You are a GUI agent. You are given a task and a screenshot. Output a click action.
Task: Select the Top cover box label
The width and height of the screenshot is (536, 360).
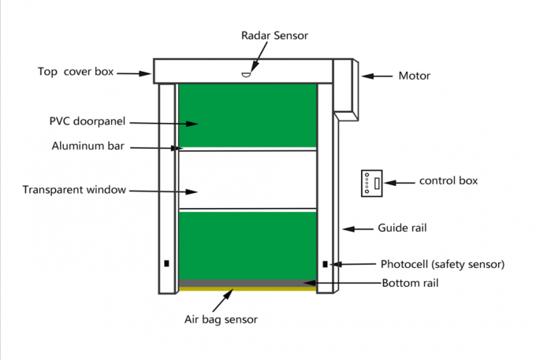click(76, 72)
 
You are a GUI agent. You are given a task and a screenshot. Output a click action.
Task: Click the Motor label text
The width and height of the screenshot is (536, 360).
click(414, 76)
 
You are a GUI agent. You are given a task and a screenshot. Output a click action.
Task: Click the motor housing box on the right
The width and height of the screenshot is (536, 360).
click(346, 85)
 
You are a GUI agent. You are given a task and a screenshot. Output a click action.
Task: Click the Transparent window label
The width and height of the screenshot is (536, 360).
click(74, 190)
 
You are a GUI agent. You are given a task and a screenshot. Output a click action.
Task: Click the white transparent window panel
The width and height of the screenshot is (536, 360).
click(248, 180)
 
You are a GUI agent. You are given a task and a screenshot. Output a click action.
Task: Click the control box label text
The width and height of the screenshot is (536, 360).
click(449, 180)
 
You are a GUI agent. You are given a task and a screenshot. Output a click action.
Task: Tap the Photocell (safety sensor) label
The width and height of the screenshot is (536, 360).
click(442, 264)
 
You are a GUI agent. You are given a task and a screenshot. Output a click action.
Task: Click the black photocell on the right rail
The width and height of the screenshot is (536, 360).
click(325, 264)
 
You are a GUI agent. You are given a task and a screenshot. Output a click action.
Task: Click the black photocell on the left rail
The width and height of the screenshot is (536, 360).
click(166, 264)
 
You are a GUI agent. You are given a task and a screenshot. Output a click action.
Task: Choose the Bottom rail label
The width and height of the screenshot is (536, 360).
click(410, 283)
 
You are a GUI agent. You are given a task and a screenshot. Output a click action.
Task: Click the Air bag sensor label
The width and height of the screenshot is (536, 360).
click(221, 319)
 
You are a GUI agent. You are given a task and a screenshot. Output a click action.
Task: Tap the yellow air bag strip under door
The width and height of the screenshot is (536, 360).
click(248, 289)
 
